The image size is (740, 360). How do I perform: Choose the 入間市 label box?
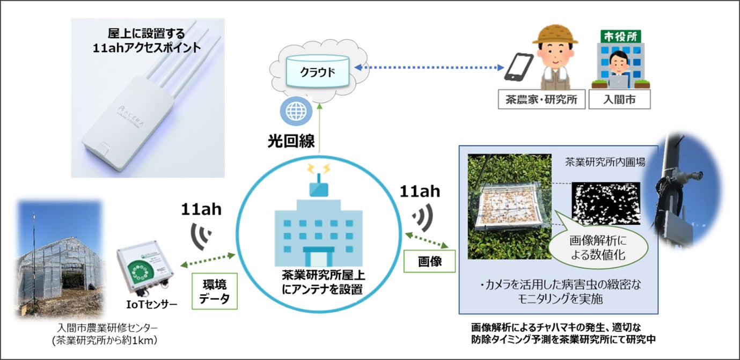point(620,99)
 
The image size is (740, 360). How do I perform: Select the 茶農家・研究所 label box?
point(541,99)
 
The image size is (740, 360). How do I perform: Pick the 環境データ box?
point(214,292)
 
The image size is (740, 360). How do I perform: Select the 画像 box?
point(429,262)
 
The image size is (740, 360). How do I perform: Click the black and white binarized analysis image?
point(606,203)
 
